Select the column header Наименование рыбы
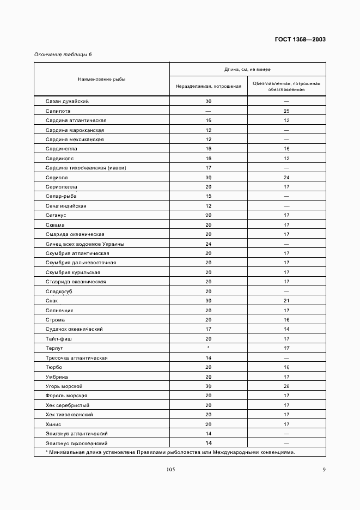click(x=101, y=79)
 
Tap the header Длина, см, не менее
click(x=247, y=69)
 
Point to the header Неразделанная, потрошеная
click(x=208, y=86)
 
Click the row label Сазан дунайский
click(x=67, y=101)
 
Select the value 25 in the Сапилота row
click(x=286, y=111)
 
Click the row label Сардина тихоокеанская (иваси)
click(x=86, y=168)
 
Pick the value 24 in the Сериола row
click(x=286, y=177)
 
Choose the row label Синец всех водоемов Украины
click(x=84, y=244)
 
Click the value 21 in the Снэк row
click(x=286, y=301)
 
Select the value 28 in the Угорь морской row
click(x=286, y=386)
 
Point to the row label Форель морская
click(x=66, y=395)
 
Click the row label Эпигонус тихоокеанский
click(x=77, y=443)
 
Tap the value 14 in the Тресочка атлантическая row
click(x=208, y=357)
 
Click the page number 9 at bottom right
click(x=324, y=471)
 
